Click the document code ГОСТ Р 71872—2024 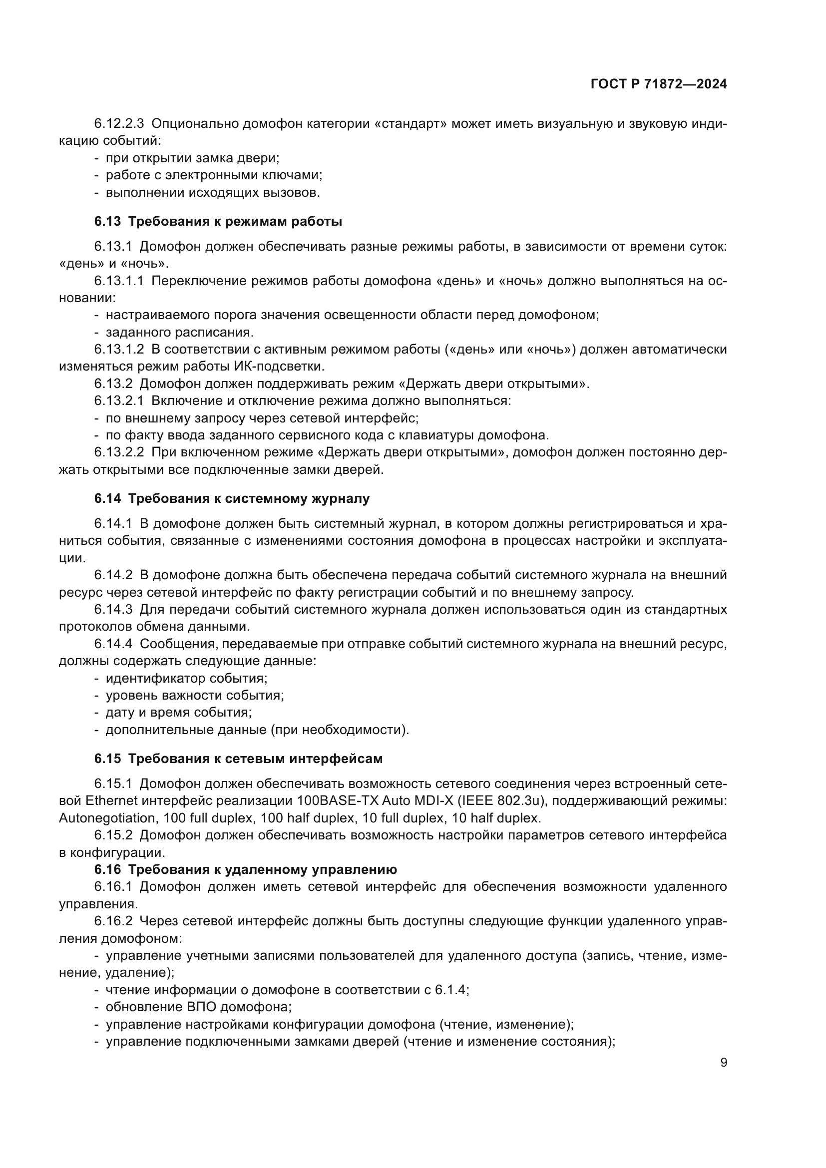[659, 84]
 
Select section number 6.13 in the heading [107, 222]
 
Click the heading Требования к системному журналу [249, 498]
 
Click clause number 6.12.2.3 [119, 124]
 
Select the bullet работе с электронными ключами [214, 175]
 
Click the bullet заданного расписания [179, 332]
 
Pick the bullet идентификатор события [186, 678]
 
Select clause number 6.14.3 [113, 609]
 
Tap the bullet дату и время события [178, 712]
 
